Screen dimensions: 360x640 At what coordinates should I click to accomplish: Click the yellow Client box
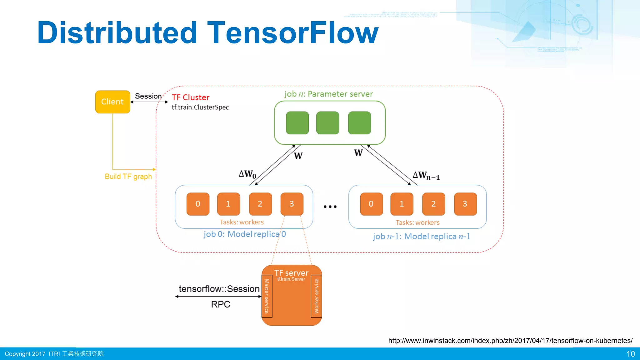[x=112, y=102]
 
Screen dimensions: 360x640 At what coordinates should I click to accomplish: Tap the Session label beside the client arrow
[x=148, y=96]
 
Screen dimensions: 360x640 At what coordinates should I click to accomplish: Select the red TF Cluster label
[x=191, y=97]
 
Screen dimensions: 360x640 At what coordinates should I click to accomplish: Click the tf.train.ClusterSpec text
[x=200, y=107]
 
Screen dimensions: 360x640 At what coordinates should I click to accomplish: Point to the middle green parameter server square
[x=327, y=123]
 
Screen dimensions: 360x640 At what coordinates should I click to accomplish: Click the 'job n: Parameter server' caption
[x=328, y=94]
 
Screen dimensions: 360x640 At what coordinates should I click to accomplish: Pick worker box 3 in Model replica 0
[x=292, y=204]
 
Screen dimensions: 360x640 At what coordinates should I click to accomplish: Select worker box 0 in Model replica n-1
[x=371, y=204]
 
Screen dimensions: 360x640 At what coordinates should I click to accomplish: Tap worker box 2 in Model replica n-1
[x=433, y=204]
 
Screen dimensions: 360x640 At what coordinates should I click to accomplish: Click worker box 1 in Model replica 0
[x=228, y=204]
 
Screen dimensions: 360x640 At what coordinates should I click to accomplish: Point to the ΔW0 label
[x=247, y=174]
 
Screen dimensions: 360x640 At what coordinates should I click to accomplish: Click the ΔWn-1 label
[x=426, y=175]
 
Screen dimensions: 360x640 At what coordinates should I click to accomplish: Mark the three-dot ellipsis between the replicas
[x=330, y=207]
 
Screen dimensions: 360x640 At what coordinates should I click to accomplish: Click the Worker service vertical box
[x=316, y=296]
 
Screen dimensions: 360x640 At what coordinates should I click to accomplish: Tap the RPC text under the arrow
[x=220, y=304]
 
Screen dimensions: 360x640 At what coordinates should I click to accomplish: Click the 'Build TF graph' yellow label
[x=128, y=177]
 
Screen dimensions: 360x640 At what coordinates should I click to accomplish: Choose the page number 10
[x=630, y=354]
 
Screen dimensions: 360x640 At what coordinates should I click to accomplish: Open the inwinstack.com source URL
[x=510, y=341]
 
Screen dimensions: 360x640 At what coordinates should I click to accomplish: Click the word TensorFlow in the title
[x=293, y=33]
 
